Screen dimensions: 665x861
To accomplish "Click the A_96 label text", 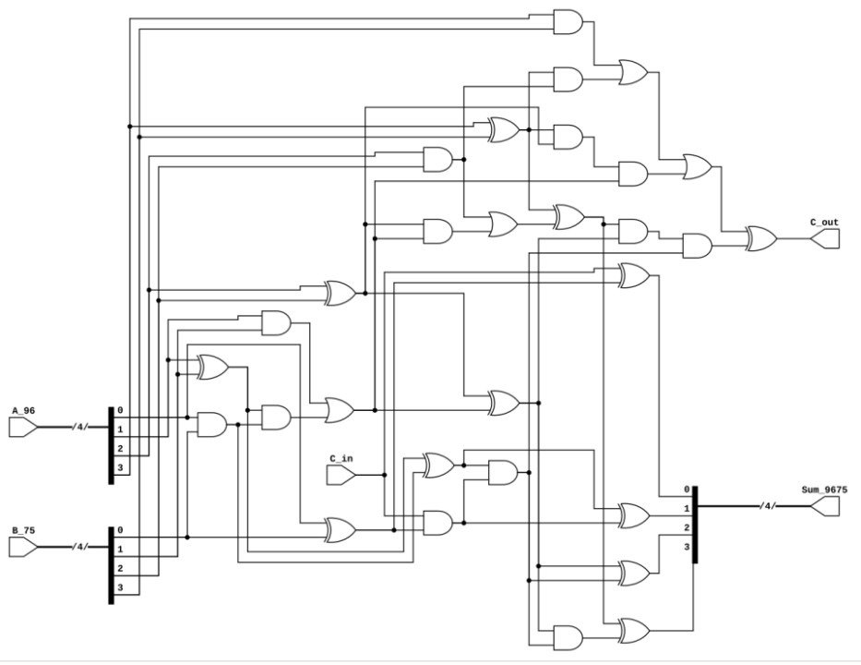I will click(23, 409).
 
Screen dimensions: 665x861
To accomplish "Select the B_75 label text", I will click(23, 530).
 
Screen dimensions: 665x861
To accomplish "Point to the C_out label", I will click(824, 222).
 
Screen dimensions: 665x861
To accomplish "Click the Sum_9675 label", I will click(824, 489).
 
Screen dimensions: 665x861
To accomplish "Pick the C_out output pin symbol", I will click(825, 238).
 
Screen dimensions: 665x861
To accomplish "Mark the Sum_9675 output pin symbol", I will click(825, 506).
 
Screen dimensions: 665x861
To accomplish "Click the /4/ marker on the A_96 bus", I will click(80, 427).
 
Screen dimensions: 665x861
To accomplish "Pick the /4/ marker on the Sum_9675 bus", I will click(766, 506).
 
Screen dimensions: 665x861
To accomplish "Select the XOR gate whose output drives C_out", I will click(760, 238).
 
